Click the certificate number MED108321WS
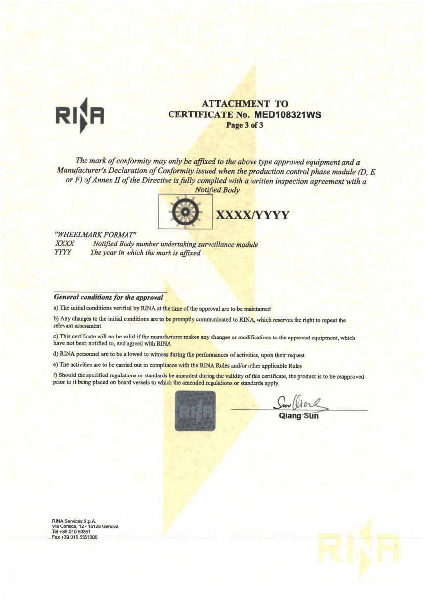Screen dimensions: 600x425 pos(288,115)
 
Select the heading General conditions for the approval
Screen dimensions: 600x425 pos(108,297)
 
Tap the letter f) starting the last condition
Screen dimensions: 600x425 pos(55,376)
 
